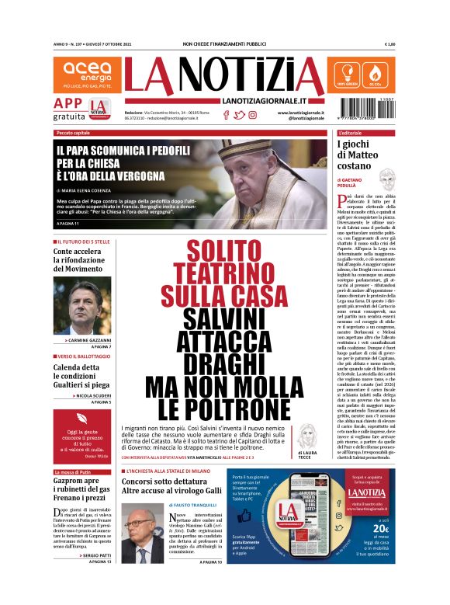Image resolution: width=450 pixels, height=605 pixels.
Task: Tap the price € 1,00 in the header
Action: (x=389, y=44)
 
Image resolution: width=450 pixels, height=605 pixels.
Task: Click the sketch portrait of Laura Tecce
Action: (x=308, y=437)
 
